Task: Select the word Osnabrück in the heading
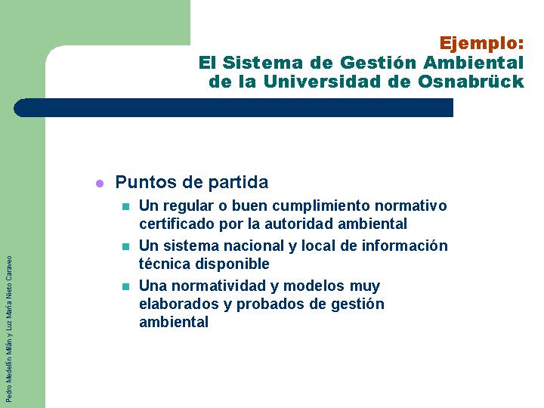tap(471, 82)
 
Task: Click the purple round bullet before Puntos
tap(100, 184)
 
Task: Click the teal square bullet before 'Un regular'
tap(125, 207)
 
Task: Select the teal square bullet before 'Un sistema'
tap(125, 246)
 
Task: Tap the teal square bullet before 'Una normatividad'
tap(125, 287)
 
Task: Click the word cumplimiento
tap(321, 206)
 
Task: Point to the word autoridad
tap(301, 224)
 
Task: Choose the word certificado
tap(177, 224)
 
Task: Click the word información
tap(405, 246)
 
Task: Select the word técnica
tap(165, 264)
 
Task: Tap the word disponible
tap(232, 264)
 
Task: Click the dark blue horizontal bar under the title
tap(233, 107)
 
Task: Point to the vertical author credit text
tap(9, 329)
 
